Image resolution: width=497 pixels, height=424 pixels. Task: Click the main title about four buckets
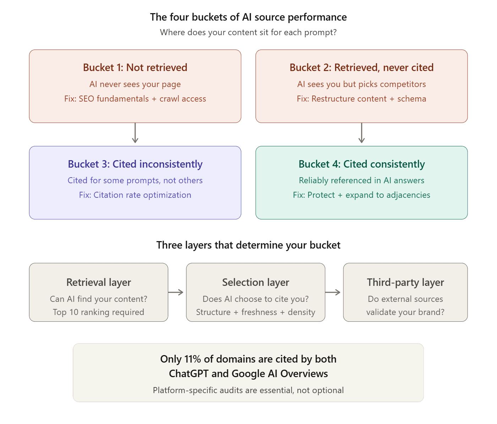click(x=248, y=17)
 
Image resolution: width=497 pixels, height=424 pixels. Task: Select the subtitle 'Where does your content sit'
click(x=248, y=32)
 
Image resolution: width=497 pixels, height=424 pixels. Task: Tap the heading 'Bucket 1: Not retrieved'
click(x=135, y=67)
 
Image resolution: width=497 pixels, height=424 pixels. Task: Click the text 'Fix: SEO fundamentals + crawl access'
click(x=135, y=99)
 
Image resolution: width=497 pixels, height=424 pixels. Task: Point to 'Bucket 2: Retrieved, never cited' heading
click(x=361, y=67)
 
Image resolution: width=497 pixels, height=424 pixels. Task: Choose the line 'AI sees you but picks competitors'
click(x=361, y=84)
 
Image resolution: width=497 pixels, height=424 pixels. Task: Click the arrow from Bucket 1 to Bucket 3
click(x=135, y=134)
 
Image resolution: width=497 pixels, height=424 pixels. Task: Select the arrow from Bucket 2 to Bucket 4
click(x=361, y=134)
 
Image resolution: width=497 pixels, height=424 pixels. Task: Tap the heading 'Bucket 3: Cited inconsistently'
click(x=135, y=164)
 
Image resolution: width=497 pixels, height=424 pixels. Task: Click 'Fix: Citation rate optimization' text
click(x=135, y=195)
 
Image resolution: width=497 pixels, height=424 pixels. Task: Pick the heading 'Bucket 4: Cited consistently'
click(x=361, y=164)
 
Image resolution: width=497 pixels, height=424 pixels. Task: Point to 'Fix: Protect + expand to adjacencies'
click(x=361, y=195)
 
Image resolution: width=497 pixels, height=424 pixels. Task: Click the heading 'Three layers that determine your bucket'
click(x=248, y=245)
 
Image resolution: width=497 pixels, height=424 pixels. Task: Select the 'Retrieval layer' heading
click(x=99, y=282)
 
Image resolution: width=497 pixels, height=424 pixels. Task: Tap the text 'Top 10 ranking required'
click(x=99, y=312)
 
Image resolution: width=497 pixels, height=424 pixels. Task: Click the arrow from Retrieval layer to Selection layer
click(x=176, y=292)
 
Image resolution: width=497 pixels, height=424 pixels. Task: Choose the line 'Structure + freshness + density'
click(x=256, y=312)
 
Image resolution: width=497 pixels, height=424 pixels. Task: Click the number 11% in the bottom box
click(x=193, y=359)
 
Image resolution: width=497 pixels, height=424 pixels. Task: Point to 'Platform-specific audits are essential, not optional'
click(x=248, y=390)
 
